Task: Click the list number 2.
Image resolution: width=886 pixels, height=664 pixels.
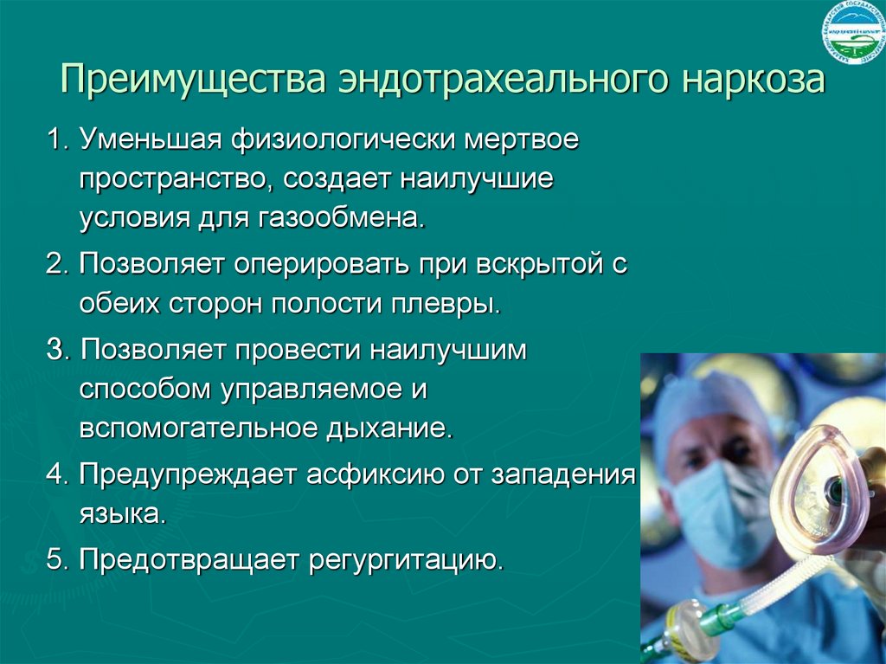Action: coord(56,265)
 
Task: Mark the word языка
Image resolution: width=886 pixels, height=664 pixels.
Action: coord(121,514)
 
